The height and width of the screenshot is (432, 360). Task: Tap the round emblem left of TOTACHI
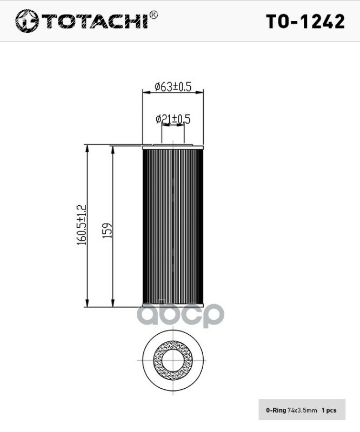tap(27, 21)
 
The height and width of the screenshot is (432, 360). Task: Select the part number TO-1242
tap(305, 22)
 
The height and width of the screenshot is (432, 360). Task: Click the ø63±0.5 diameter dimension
tap(173, 87)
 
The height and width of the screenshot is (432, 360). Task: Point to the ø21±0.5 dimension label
tap(173, 119)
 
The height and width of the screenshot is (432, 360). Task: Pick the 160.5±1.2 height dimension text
tap(82, 225)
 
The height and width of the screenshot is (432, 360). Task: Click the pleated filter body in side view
tap(172, 226)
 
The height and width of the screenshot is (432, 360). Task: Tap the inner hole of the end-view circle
tap(172, 360)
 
